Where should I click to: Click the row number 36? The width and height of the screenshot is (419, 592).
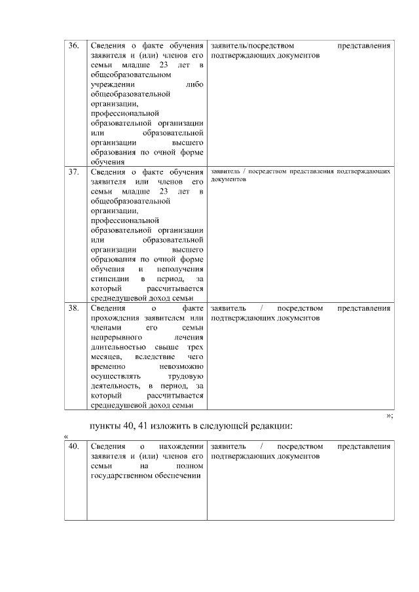(74, 46)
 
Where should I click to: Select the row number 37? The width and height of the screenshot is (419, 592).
(74, 172)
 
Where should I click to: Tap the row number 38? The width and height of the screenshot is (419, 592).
(74, 307)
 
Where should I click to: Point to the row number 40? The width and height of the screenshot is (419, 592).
(74, 446)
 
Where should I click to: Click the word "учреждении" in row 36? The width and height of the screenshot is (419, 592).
(113, 84)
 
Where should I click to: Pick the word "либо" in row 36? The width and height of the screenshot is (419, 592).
(194, 84)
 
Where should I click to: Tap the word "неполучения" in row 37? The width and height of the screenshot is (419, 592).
(180, 270)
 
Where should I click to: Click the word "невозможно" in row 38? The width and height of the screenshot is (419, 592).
(181, 367)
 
